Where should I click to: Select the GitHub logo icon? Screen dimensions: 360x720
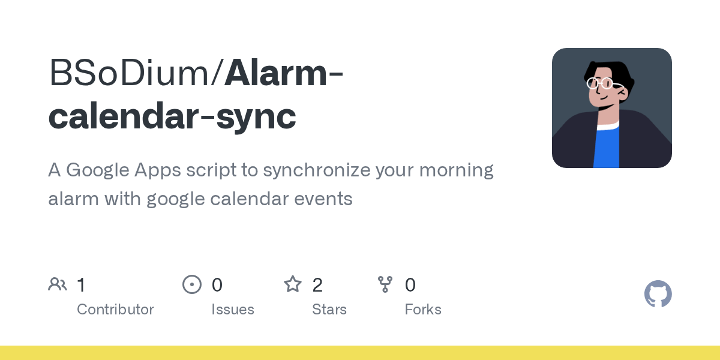[x=658, y=294]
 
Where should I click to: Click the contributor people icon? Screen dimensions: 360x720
[x=58, y=284]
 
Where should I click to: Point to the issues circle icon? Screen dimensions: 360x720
[x=192, y=284]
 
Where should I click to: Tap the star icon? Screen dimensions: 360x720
[x=293, y=284]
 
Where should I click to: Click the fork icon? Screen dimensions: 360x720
[x=385, y=284]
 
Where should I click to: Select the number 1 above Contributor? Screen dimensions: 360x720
[x=81, y=284]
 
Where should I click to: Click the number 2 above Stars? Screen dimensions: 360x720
[x=317, y=284]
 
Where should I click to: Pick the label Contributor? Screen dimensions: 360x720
[x=115, y=310]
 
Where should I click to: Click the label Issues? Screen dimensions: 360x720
[x=233, y=310]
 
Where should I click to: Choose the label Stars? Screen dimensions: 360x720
[x=329, y=310]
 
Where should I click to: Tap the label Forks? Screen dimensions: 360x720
[x=423, y=310]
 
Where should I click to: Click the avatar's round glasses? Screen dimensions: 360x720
[x=600, y=83]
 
